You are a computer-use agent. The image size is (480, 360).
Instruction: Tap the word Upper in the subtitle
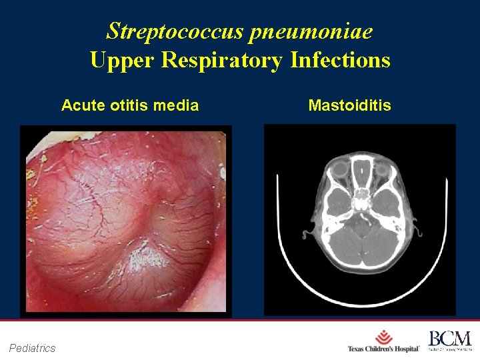[x=121, y=61]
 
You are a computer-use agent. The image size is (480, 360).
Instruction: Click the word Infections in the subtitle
[x=340, y=61]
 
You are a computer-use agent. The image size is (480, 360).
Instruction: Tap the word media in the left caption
[x=177, y=105]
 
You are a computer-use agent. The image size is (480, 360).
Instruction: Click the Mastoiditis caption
[x=350, y=105]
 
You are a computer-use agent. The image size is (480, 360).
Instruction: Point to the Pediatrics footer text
[x=33, y=347]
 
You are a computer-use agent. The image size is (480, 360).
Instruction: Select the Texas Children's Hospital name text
[x=383, y=349]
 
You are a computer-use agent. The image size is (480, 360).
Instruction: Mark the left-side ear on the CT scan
[x=307, y=234]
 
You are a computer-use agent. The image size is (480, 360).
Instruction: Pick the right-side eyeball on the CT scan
[x=382, y=169]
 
